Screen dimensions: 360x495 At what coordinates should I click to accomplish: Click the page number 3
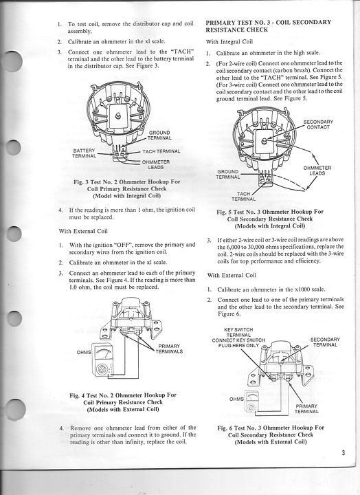pos(343,453)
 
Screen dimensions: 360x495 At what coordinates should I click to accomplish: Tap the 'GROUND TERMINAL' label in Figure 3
pos(159,135)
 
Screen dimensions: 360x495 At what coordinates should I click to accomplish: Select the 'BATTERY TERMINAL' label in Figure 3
pos(84,153)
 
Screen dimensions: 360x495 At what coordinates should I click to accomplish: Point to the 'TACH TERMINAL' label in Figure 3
pos(161,151)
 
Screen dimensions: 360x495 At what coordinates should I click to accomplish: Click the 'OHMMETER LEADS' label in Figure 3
pos(155,164)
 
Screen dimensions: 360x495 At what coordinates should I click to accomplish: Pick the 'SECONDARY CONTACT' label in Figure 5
pos(318,124)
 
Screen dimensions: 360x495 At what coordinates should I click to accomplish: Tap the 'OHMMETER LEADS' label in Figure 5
pos(317,170)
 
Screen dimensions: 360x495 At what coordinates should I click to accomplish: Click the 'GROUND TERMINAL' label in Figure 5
pos(228,174)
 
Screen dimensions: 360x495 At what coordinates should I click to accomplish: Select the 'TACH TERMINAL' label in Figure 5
pos(244,197)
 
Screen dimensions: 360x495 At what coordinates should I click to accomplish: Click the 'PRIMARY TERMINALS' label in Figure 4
pos(169,349)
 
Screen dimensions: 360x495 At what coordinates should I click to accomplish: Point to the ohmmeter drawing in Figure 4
pos(102,360)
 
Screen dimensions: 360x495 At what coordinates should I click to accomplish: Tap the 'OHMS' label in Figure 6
pos(236,399)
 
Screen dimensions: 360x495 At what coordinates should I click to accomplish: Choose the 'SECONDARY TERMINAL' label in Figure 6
pos(325,342)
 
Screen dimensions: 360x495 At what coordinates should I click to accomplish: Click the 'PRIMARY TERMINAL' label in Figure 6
pos(306,409)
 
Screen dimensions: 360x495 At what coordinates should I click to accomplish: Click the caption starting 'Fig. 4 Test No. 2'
pos(123,402)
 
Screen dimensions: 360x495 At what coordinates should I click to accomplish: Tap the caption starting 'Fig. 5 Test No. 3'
pos(270,219)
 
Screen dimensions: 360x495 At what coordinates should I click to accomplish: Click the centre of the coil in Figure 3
pos(117,116)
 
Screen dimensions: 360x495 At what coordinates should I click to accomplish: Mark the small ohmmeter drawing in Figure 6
pos(252,401)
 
